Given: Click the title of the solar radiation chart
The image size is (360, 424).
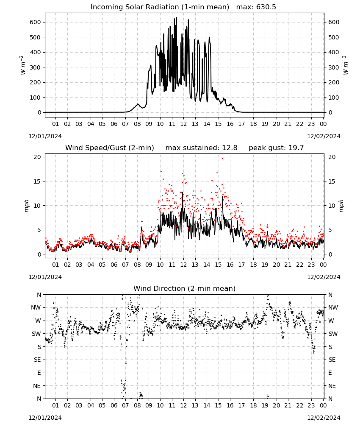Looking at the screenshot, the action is (160, 7).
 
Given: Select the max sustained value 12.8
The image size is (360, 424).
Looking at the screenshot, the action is (230, 148).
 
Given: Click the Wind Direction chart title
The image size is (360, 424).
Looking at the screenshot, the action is (185, 288).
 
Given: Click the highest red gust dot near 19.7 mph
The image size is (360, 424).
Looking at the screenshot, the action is (222, 159).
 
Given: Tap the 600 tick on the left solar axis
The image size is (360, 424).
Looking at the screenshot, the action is (36, 22).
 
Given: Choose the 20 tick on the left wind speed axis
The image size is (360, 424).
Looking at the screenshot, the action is (37, 157).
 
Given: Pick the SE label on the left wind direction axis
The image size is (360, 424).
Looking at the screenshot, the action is (37, 360).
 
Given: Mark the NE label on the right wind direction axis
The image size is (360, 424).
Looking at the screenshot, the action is (332, 386).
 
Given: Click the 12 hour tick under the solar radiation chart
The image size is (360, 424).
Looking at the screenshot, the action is (183, 124).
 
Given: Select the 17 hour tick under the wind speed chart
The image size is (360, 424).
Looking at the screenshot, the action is (241, 265).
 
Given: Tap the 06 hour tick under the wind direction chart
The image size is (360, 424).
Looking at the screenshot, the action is (114, 405).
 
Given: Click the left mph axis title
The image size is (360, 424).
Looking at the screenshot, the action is (26, 206).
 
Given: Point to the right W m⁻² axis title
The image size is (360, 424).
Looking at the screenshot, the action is (345, 65).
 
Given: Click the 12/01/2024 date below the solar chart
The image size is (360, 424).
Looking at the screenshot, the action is (45, 136).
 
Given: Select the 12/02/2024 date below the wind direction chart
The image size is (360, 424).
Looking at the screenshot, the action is (324, 418).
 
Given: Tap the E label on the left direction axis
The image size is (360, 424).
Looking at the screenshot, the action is (39, 373).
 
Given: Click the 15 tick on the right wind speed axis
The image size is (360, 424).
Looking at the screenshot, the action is (332, 181).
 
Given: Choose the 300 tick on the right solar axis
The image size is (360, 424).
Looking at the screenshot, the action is (334, 67).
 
